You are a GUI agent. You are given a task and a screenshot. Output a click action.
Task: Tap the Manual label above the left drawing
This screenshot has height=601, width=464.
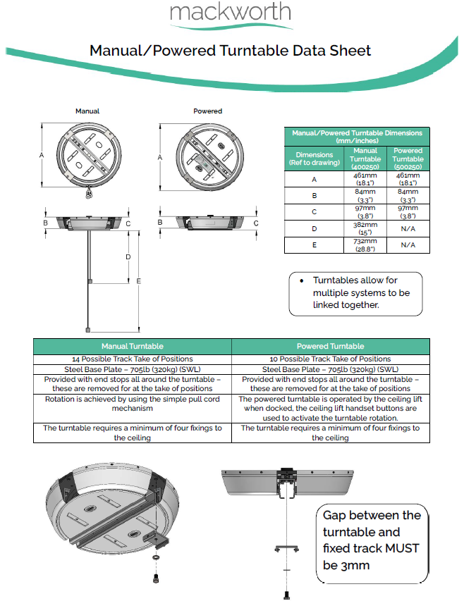click(x=87, y=111)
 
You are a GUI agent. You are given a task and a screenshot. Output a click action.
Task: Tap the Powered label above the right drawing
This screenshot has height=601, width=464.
click(x=207, y=111)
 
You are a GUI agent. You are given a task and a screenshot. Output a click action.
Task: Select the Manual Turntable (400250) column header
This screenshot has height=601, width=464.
click(x=365, y=159)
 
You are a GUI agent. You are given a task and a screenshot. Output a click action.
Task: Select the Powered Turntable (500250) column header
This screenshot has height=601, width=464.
click(x=408, y=159)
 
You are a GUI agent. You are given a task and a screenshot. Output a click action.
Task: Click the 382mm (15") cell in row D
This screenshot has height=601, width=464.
click(x=365, y=228)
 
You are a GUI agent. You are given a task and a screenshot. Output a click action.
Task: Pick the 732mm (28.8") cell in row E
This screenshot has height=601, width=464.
click(x=365, y=244)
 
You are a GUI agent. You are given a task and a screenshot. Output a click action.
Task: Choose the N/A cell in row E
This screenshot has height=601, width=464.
click(x=408, y=245)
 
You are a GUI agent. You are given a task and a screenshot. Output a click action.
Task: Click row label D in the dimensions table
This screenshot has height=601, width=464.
click(x=315, y=228)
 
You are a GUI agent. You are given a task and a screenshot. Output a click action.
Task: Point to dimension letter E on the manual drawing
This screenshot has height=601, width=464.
click(x=139, y=281)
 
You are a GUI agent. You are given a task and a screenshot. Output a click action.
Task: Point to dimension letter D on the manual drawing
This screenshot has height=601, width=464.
click(x=128, y=257)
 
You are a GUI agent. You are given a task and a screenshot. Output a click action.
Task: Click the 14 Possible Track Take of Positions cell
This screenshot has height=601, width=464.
click(x=133, y=359)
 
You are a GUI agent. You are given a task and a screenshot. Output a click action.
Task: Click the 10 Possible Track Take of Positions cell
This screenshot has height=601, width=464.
click(x=330, y=359)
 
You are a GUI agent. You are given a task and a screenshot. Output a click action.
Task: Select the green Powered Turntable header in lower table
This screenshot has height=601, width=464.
click(x=330, y=346)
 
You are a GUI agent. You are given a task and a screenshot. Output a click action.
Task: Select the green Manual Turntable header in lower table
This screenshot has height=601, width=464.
click(x=133, y=346)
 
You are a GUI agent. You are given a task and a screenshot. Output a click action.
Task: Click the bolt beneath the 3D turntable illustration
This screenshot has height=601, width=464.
click(x=155, y=578)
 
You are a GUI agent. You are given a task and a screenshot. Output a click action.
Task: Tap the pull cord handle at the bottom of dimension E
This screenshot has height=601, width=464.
click(x=87, y=329)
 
